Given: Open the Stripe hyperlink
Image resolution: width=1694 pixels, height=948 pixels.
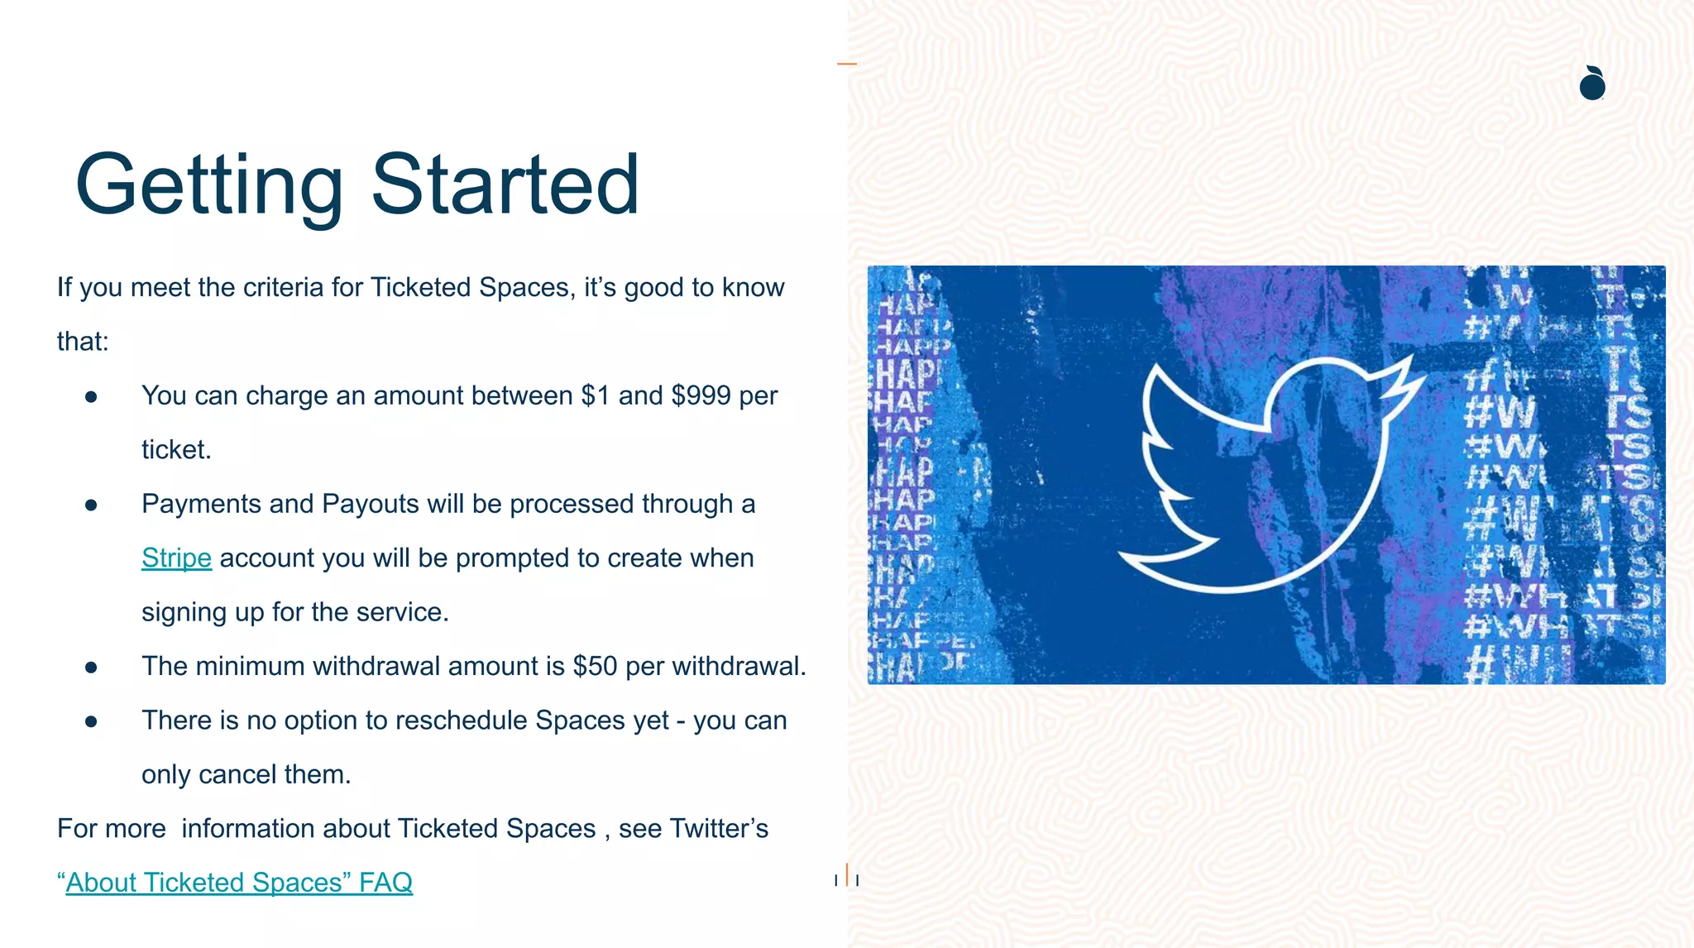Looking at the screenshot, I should (176, 558).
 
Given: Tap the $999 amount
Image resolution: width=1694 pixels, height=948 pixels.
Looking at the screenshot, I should (701, 395).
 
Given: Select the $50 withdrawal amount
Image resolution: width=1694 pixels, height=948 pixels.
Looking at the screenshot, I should (595, 666).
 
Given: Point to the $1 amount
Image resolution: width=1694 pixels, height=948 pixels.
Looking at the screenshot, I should (596, 395).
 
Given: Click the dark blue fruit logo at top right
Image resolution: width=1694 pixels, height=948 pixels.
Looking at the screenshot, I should (1592, 84).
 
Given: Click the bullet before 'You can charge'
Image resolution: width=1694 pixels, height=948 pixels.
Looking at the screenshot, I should (91, 397).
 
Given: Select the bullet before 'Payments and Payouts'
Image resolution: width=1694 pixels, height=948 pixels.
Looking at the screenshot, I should (91, 505).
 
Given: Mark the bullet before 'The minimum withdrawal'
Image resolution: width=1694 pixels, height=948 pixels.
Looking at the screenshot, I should (91, 667).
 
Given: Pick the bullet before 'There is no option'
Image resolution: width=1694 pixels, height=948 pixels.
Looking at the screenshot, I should (91, 721).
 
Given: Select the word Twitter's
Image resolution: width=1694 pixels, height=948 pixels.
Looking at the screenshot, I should (719, 828).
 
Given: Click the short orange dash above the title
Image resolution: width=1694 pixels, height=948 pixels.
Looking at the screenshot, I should (846, 63).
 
